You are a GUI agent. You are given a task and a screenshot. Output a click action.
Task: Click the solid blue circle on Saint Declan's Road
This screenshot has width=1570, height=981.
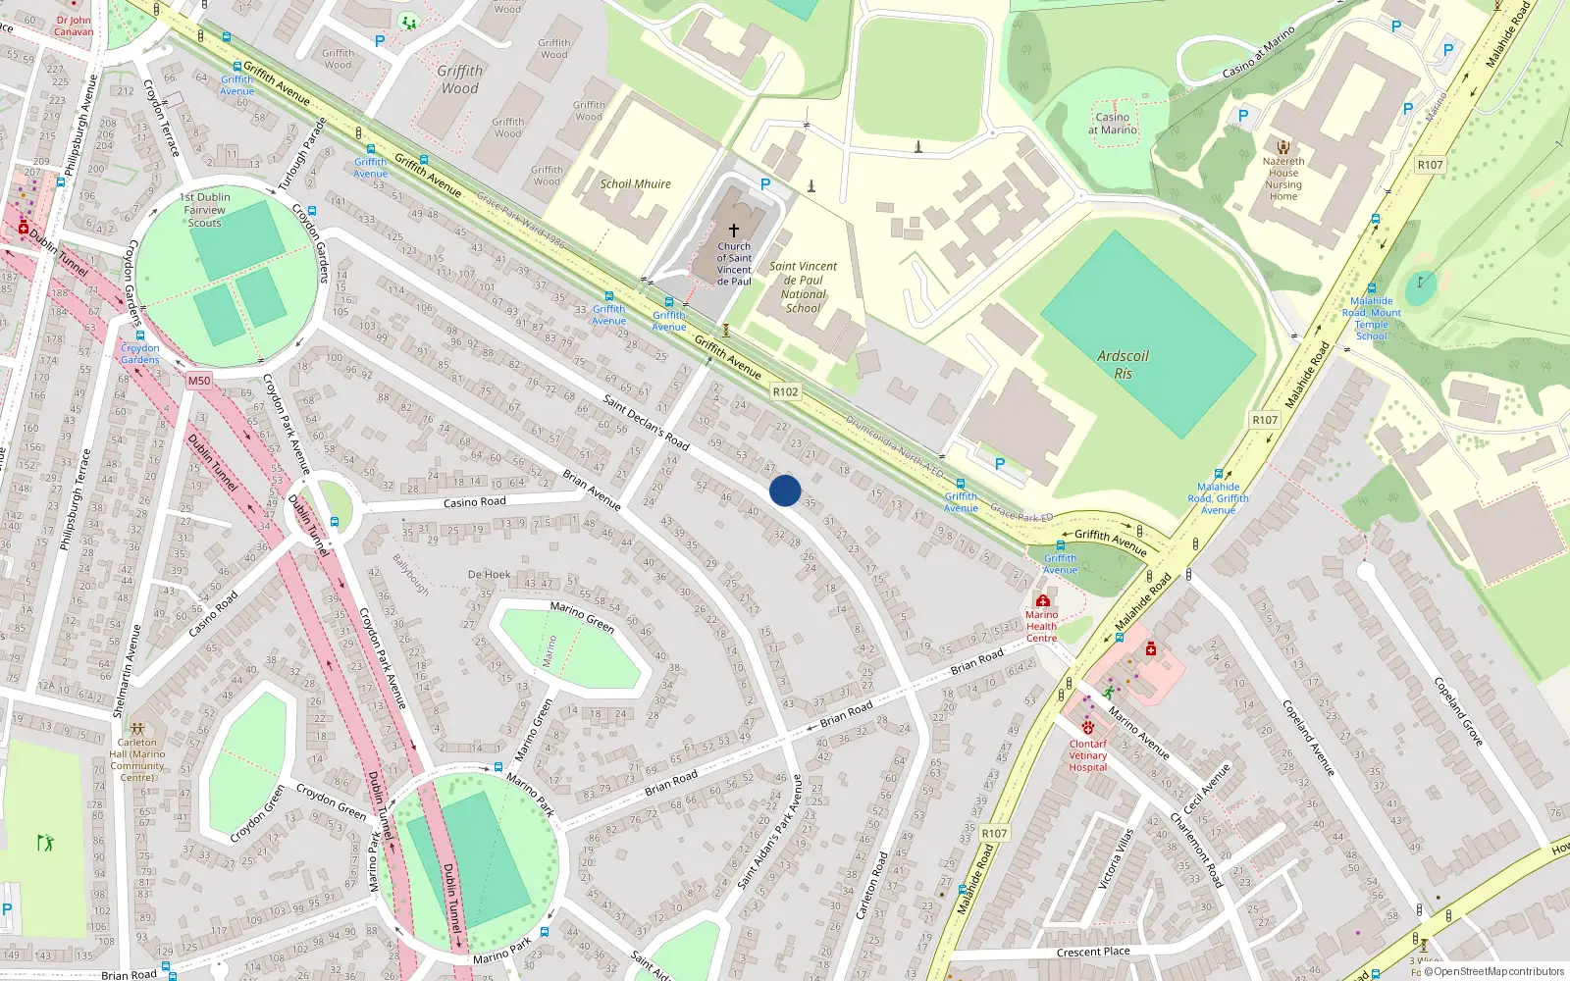click(785, 490)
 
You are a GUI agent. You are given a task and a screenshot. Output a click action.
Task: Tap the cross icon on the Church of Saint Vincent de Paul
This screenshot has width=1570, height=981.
click(733, 230)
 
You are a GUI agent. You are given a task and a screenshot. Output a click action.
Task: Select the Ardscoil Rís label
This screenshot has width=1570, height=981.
click(1123, 365)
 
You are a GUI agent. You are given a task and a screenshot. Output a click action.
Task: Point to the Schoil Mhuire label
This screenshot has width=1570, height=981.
click(635, 183)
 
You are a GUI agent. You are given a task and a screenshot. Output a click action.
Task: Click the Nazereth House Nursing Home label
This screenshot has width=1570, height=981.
click(1282, 179)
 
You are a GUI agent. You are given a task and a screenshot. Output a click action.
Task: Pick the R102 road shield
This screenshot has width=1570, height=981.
click(785, 391)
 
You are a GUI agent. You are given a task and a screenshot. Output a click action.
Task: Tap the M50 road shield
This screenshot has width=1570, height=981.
click(198, 381)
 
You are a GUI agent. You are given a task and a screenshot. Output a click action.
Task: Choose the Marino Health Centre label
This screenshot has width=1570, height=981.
click(1041, 626)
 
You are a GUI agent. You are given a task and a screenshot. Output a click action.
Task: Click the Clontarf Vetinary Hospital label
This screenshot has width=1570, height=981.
click(1087, 755)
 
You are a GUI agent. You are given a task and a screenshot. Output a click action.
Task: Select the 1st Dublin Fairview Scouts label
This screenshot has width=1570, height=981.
click(205, 210)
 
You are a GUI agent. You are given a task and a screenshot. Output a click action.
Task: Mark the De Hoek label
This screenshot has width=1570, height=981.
click(489, 575)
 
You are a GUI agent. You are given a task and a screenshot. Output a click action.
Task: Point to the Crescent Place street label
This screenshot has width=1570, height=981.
click(1093, 952)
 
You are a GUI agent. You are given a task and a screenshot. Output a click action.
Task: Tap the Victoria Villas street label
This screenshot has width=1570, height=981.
click(1116, 859)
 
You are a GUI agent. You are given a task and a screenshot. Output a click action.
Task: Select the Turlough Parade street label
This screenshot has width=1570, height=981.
click(300, 155)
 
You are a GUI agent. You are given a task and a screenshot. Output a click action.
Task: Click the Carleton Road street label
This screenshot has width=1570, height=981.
click(871, 886)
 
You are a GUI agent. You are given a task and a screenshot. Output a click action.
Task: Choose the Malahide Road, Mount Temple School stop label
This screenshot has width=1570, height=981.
click(1371, 319)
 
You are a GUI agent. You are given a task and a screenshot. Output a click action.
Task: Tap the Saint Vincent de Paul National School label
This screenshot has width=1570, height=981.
click(803, 286)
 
